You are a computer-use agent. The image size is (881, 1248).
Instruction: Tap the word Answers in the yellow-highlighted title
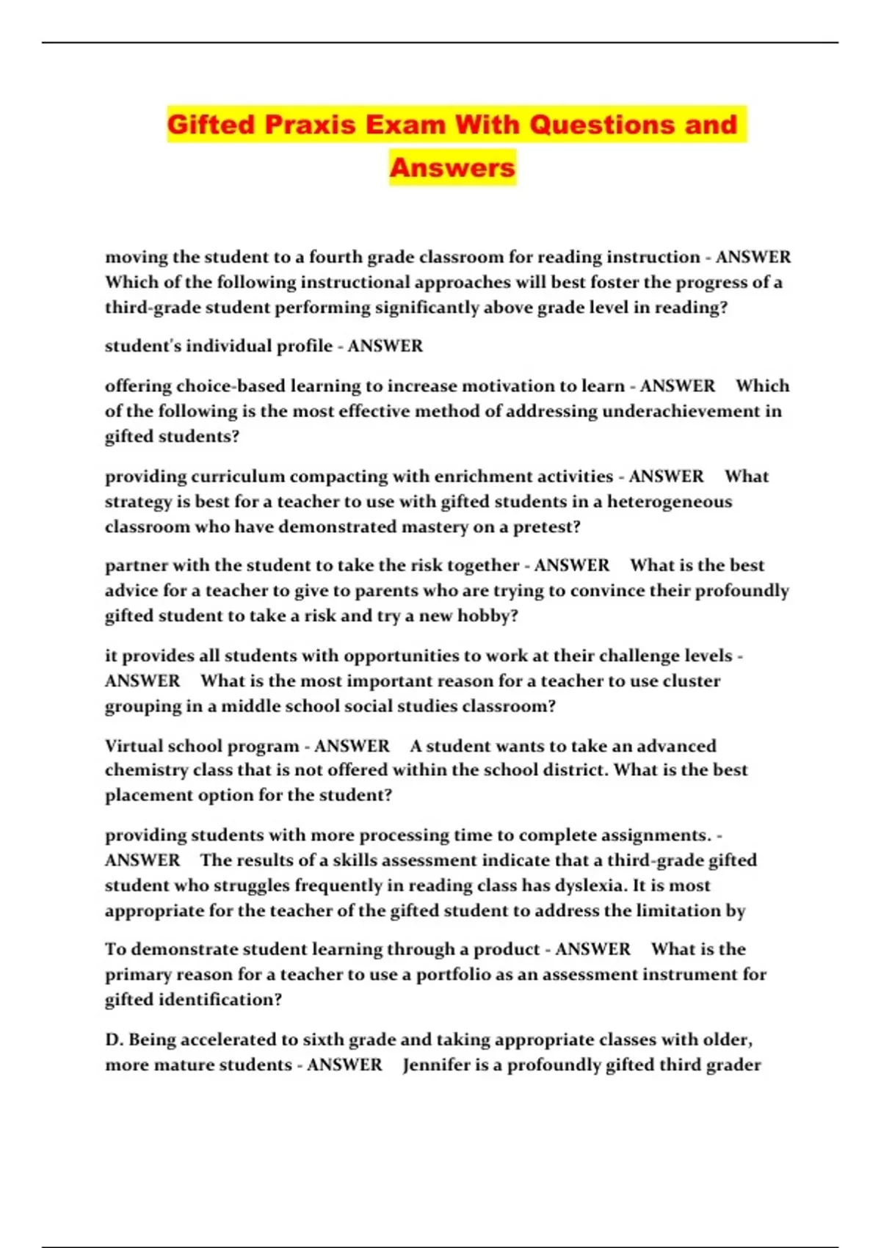coord(452,167)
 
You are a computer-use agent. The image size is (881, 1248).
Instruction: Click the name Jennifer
coord(436,1064)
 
